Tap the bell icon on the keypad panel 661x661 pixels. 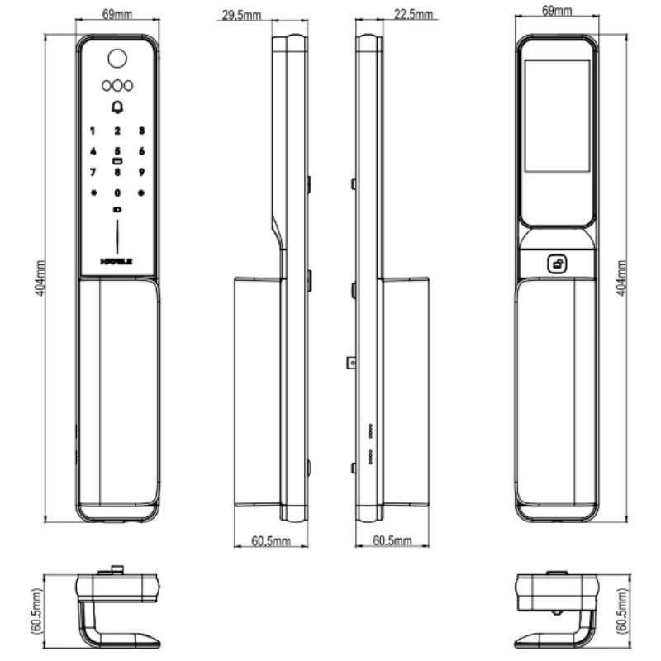(x=117, y=107)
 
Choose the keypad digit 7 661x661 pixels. (x=93, y=172)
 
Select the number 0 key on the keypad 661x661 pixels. (x=117, y=193)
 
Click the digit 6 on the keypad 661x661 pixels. (x=141, y=151)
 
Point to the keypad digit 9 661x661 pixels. (x=141, y=172)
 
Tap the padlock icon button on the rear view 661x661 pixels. (x=558, y=264)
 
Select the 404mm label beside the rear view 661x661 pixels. (x=622, y=277)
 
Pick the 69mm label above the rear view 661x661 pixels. (x=557, y=10)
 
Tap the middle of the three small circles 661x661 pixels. (x=117, y=84)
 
